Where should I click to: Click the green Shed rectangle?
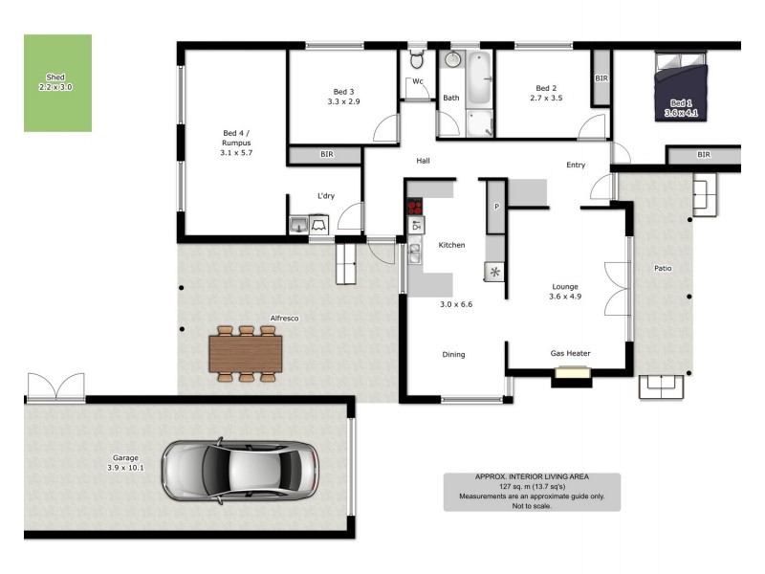point(57,83)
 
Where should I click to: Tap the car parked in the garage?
point(241,470)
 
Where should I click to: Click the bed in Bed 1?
point(681,87)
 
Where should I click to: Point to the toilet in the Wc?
point(416,60)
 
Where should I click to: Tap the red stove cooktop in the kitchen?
point(415,207)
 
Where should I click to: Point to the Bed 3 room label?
point(343,96)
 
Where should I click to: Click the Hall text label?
point(422,161)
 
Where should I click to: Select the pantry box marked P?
point(496,207)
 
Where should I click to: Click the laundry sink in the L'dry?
point(299,225)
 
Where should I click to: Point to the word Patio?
point(663,268)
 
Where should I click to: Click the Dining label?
point(453,354)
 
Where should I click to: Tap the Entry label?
point(575,165)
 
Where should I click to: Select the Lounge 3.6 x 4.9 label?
point(565,292)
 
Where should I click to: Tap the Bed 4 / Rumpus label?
point(236,143)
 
